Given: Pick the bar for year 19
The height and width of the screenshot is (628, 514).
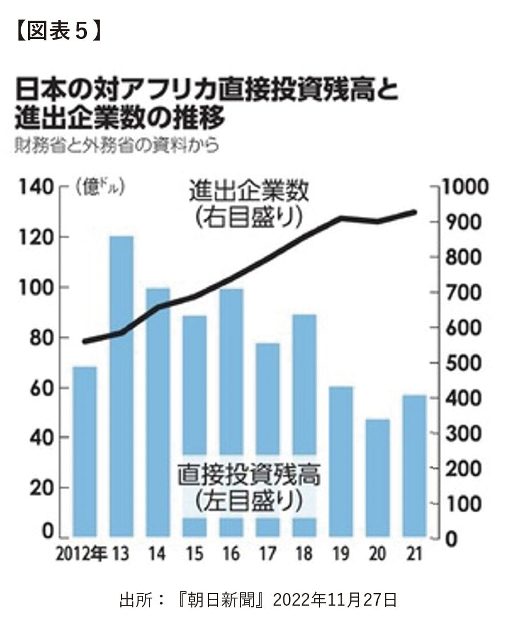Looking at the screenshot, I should (341, 461).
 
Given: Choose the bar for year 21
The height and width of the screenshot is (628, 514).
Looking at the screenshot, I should (414, 465).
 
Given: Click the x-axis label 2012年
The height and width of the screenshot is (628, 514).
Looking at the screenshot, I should (82, 554).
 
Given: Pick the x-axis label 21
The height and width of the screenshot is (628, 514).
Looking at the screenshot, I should (413, 554).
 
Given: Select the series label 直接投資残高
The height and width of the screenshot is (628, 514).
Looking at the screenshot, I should (248, 474).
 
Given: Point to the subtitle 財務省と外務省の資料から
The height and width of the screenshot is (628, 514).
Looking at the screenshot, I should (117, 146).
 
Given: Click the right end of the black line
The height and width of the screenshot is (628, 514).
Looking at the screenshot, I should (415, 212).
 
